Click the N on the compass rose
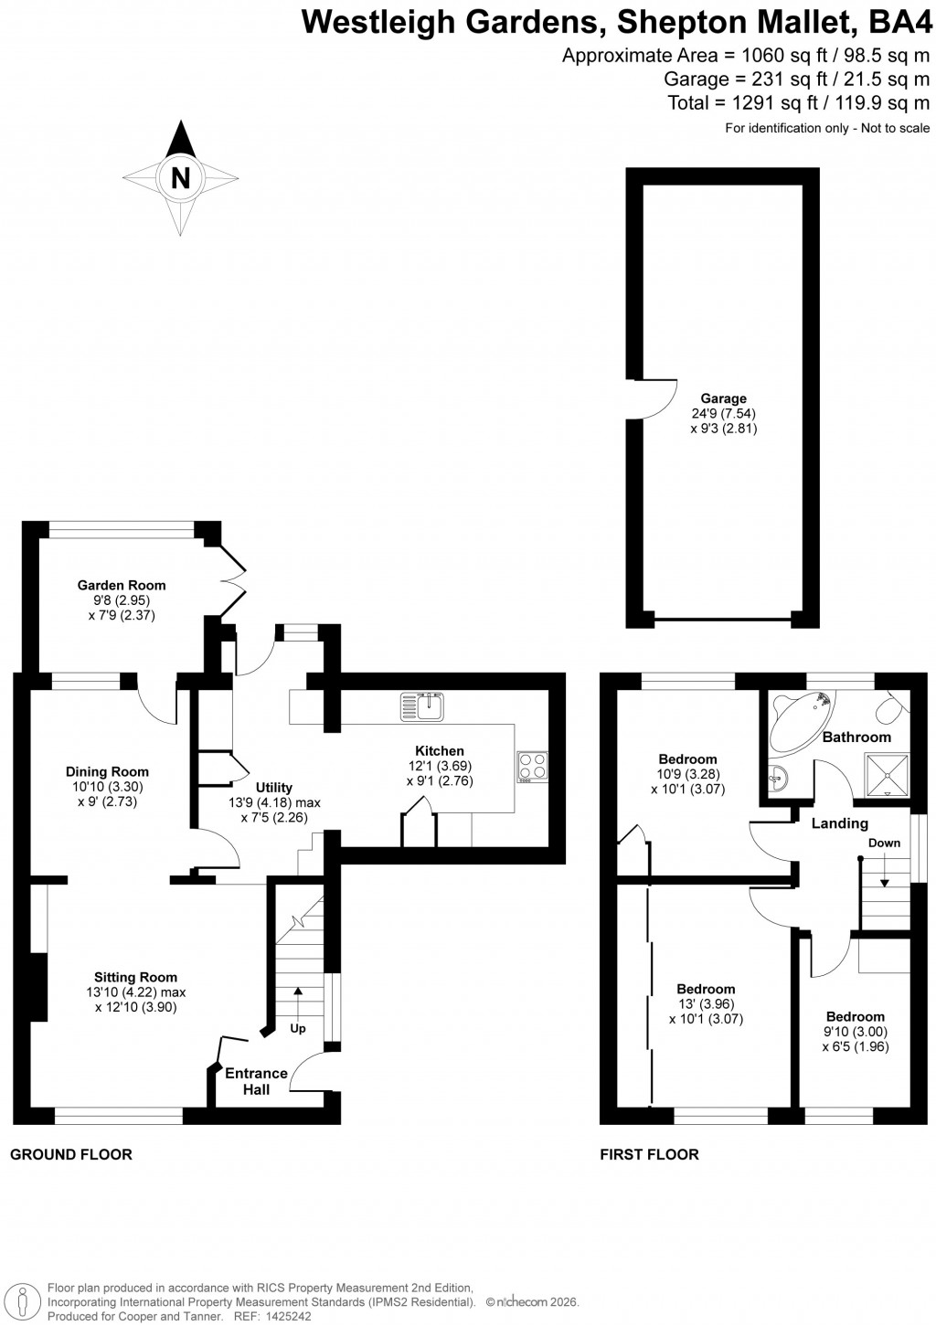pyautogui.click(x=181, y=178)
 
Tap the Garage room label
pyautogui.click(x=723, y=398)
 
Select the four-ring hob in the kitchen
pyautogui.click(x=532, y=767)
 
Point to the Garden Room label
pyautogui.click(x=122, y=585)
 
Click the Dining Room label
pyautogui.click(x=108, y=771)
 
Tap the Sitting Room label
pyautogui.click(x=135, y=977)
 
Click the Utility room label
pyautogui.click(x=273, y=787)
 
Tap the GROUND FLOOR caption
pyautogui.click(x=71, y=1154)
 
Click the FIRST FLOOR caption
pyautogui.click(x=649, y=1154)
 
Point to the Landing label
pyautogui.click(x=839, y=823)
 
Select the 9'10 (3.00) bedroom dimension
pyautogui.click(x=856, y=1032)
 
